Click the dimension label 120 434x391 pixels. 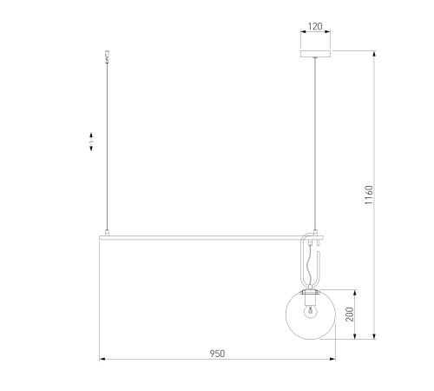tap(315, 26)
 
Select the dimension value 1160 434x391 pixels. tap(369, 195)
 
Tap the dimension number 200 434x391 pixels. tap(350, 315)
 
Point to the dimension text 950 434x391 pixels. tap(217, 354)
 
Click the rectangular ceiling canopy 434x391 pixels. tap(315, 54)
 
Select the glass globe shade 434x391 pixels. tap(311, 315)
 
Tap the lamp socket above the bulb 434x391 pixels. tap(311, 299)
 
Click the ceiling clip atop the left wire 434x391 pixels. tap(107, 56)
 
